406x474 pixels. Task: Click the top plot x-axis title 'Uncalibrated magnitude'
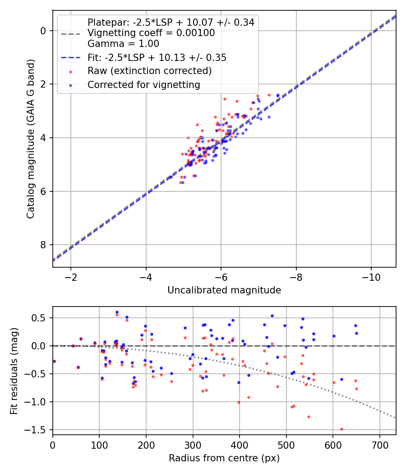tap(224, 290)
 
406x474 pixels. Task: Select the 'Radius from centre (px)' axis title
tap(224, 458)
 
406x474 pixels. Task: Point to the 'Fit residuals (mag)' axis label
tap(14, 371)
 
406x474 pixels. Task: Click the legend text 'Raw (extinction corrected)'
tap(149, 71)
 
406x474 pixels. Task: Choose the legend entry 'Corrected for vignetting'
tap(144, 84)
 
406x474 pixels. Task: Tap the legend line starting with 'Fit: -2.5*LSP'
tap(157, 57)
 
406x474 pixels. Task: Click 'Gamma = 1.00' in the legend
tap(123, 44)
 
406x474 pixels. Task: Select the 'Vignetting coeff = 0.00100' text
tap(151, 33)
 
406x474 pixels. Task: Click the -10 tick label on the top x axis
tap(371, 276)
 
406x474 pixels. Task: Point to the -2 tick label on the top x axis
tap(71, 276)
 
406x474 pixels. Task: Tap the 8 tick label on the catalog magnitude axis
tap(44, 245)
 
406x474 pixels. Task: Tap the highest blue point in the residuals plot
tap(117, 312)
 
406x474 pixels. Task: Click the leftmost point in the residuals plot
tap(54, 361)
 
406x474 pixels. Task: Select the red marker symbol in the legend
tap(70, 71)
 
